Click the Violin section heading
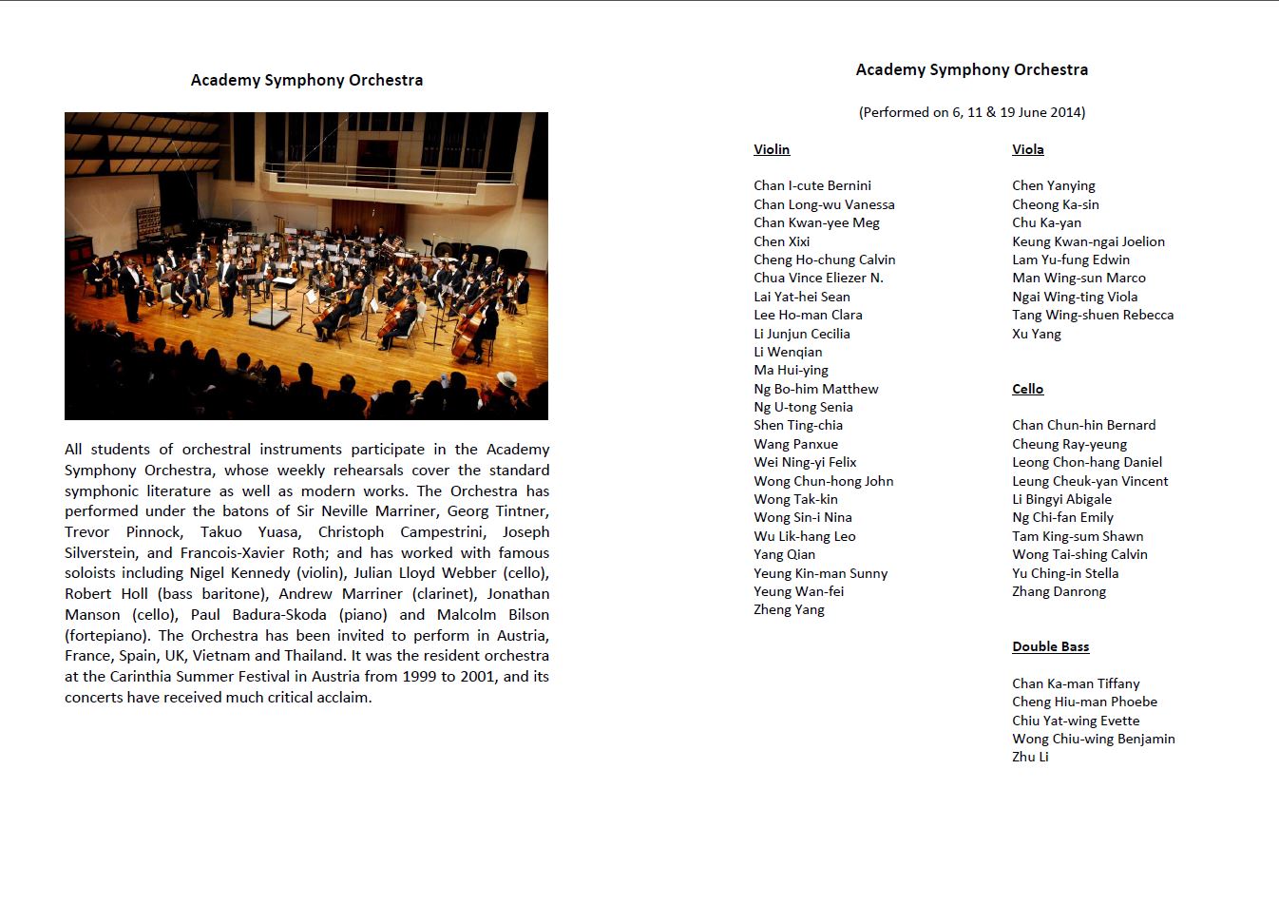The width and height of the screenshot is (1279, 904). (772, 149)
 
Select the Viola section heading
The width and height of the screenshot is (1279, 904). (1027, 149)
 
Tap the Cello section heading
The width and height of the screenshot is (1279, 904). (1027, 389)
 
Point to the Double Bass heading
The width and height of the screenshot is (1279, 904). (1050, 646)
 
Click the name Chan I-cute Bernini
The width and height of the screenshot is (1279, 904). (811, 185)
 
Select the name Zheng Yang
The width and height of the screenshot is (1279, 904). (789, 609)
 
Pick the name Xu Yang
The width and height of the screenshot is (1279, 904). (1036, 334)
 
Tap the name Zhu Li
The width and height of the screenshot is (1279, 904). (1030, 757)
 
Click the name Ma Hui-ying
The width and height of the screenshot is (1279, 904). (791, 370)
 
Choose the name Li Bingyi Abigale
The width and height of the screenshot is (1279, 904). (1061, 499)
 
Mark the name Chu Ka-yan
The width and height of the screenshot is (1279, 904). (1046, 222)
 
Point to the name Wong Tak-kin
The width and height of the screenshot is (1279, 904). (795, 499)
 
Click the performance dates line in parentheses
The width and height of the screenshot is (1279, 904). (971, 112)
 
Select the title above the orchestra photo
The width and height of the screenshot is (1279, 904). (306, 80)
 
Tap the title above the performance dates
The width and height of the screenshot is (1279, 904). (971, 69)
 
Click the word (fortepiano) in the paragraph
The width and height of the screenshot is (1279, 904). (107, 636)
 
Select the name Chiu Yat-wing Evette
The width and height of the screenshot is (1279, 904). (1075, 721)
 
